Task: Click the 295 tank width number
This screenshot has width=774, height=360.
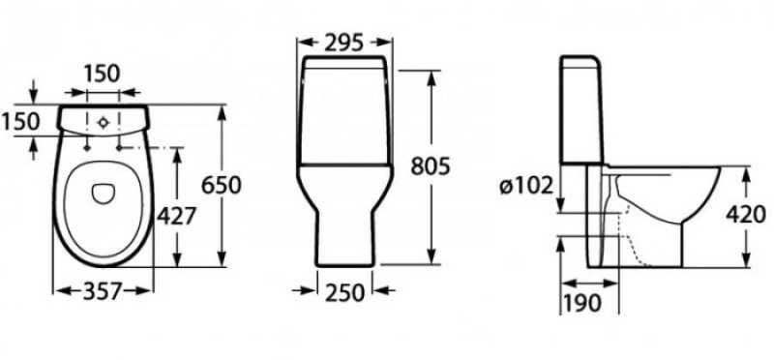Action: point(343,42)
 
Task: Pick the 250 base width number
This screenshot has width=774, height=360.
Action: point(345,290)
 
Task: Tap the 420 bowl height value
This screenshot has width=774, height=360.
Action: point(747,215)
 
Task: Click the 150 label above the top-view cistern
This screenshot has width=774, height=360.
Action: point(101,74)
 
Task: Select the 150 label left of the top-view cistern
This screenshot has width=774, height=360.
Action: point(19,121)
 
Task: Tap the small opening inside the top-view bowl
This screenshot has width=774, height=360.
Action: point(103,194)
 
